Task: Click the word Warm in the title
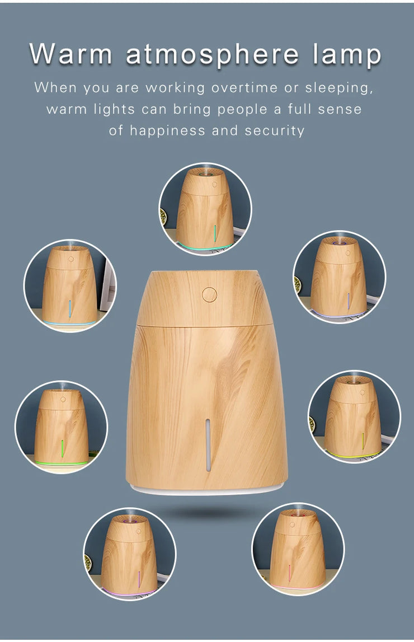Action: click(71, 55)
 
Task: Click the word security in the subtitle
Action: click(275, 131)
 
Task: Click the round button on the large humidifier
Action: click(209, 294)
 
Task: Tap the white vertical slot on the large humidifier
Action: click(208, 446)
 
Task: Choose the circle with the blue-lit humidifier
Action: click(69, 285)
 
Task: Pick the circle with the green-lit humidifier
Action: click(61, 427)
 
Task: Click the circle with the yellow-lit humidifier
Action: click(354, 416)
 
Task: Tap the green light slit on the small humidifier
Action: click(62, 448)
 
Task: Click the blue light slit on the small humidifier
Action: click(70, 308)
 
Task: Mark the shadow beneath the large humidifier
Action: click(207, 512)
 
